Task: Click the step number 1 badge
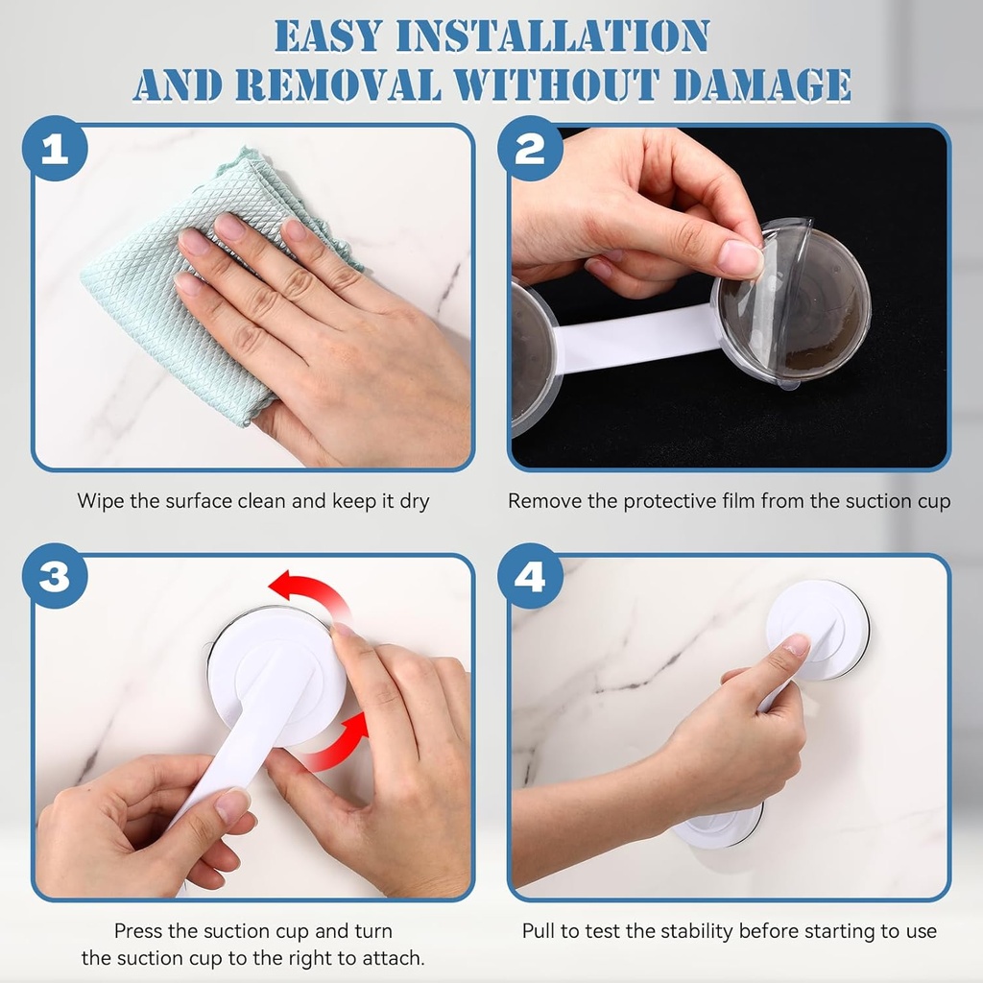(x=55, y=149)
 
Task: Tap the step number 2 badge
(x=530, y=149)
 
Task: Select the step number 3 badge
(x=55, y=576)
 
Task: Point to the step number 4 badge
(x=530, y=576)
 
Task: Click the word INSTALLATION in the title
(x=553, y=36)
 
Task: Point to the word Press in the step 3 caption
(x=138, y=931)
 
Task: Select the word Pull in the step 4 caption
(x=538, y=931)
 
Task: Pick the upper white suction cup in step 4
(x=818, y=629)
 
